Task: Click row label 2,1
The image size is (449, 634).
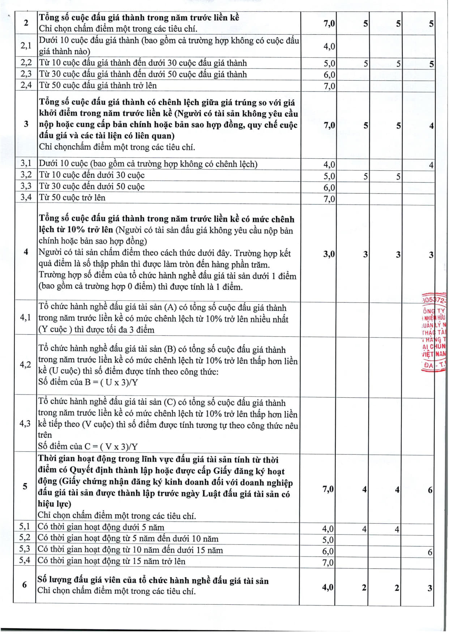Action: [x=26, y=46]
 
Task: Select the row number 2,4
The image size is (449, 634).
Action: [x=26, y=85]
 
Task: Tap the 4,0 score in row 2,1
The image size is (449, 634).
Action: [x=329, y=46]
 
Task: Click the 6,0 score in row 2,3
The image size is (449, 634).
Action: [x=329, y=75]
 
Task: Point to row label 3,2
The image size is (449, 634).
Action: [x=26, y=175]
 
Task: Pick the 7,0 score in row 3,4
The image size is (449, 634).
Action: [x=329, y=199]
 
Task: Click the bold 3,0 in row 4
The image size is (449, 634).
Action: [x=329, y=254]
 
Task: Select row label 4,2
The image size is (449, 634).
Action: [x=25, y=364]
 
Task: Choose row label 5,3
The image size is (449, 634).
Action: [x=25, y=549]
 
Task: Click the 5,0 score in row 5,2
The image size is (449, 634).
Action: [x=328, y=540]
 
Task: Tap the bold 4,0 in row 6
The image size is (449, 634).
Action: [x=328, y=587]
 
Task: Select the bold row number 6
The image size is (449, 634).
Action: [x=24, y=584]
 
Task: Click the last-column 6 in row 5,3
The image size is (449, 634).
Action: [x=430, y=552]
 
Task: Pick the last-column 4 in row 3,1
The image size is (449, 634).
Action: [x=431, y=165]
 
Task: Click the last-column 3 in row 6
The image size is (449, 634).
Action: [x=430, y=588]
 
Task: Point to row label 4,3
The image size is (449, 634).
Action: [x=25, y=423]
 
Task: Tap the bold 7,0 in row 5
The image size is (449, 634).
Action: [x=328, y=489]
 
